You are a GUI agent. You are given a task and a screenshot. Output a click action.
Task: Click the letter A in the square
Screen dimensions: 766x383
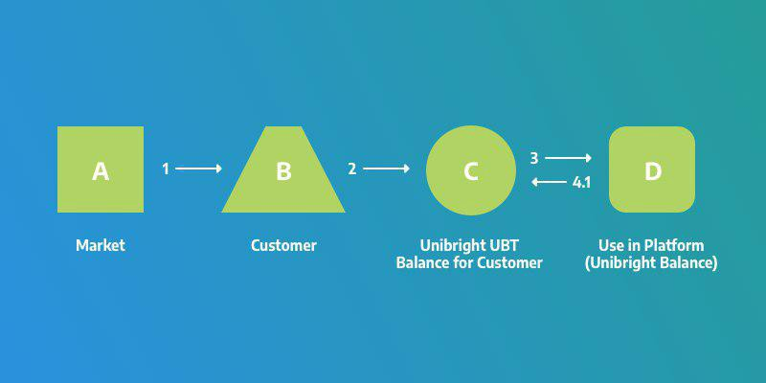(101, 171)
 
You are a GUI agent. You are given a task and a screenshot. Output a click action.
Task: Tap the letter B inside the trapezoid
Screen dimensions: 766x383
(283, 171)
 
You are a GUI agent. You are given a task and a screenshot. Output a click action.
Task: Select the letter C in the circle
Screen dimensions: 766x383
(470, 171)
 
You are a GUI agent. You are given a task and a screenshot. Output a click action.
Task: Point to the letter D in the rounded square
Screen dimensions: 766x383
(653, 171)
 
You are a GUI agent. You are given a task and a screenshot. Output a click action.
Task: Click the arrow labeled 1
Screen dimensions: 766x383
(198, 169)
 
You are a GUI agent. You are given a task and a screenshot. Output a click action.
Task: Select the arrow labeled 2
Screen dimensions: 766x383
(386, 169)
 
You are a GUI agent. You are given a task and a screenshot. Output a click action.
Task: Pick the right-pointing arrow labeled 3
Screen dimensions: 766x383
(568, 158)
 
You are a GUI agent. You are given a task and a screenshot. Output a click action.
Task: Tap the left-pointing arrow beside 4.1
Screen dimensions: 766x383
(549, 182)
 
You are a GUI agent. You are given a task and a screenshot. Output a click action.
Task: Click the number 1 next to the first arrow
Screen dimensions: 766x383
(166, 169)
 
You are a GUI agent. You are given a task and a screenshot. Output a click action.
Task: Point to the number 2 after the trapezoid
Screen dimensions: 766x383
(352, 169)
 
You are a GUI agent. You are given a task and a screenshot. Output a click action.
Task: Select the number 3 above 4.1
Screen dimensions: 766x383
(534, 158)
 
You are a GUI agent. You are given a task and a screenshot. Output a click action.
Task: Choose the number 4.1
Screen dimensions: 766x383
(581, 183)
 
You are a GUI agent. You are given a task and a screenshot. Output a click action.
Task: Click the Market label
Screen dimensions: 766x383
(101, 245)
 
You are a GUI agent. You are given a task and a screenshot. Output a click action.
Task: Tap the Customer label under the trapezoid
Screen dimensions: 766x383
(283, 245)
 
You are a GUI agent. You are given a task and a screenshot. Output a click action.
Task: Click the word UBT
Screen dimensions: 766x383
(505, 245)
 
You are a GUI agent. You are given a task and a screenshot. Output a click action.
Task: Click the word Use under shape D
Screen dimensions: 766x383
(610, 245)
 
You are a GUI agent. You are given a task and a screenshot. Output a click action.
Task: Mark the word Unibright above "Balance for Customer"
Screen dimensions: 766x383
(454, 245)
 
